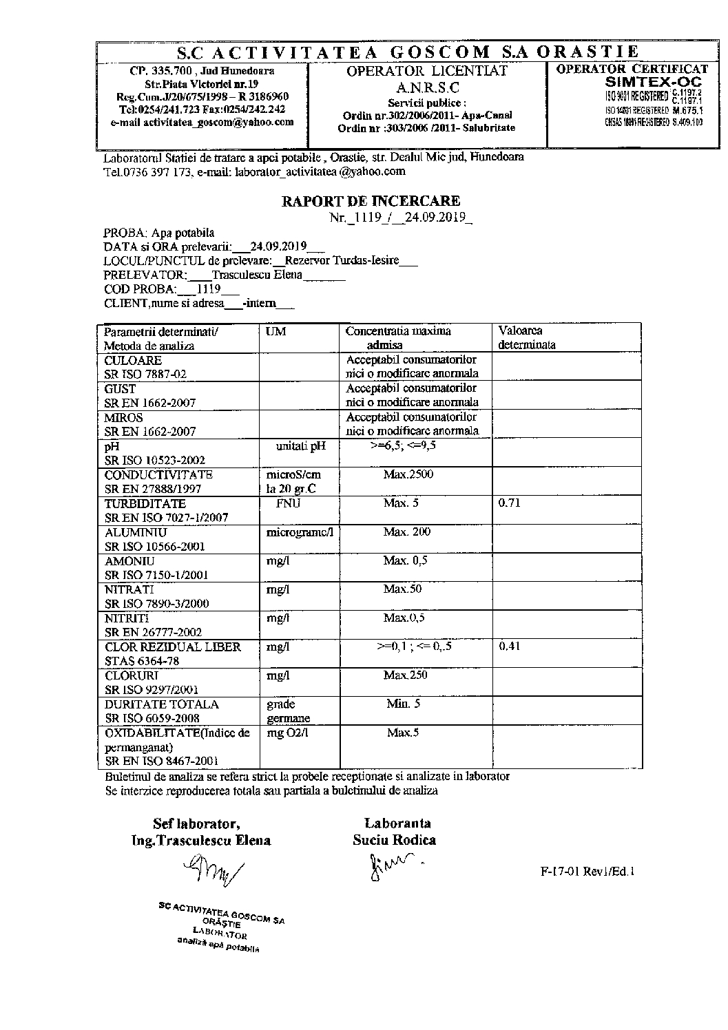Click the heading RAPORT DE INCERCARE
pos(371,201)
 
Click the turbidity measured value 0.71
pos(509,503)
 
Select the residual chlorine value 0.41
pos(509,647)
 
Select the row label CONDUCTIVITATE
pos(158,474)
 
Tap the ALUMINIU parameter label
pos(136,532)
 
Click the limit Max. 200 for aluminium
pos(407,532)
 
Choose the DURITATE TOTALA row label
pos(162,704)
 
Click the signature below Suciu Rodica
pos(393,863)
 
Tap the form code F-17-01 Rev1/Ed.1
pos(587,871)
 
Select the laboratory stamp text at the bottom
pos(220,927)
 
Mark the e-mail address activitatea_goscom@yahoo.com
pos(202,122)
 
